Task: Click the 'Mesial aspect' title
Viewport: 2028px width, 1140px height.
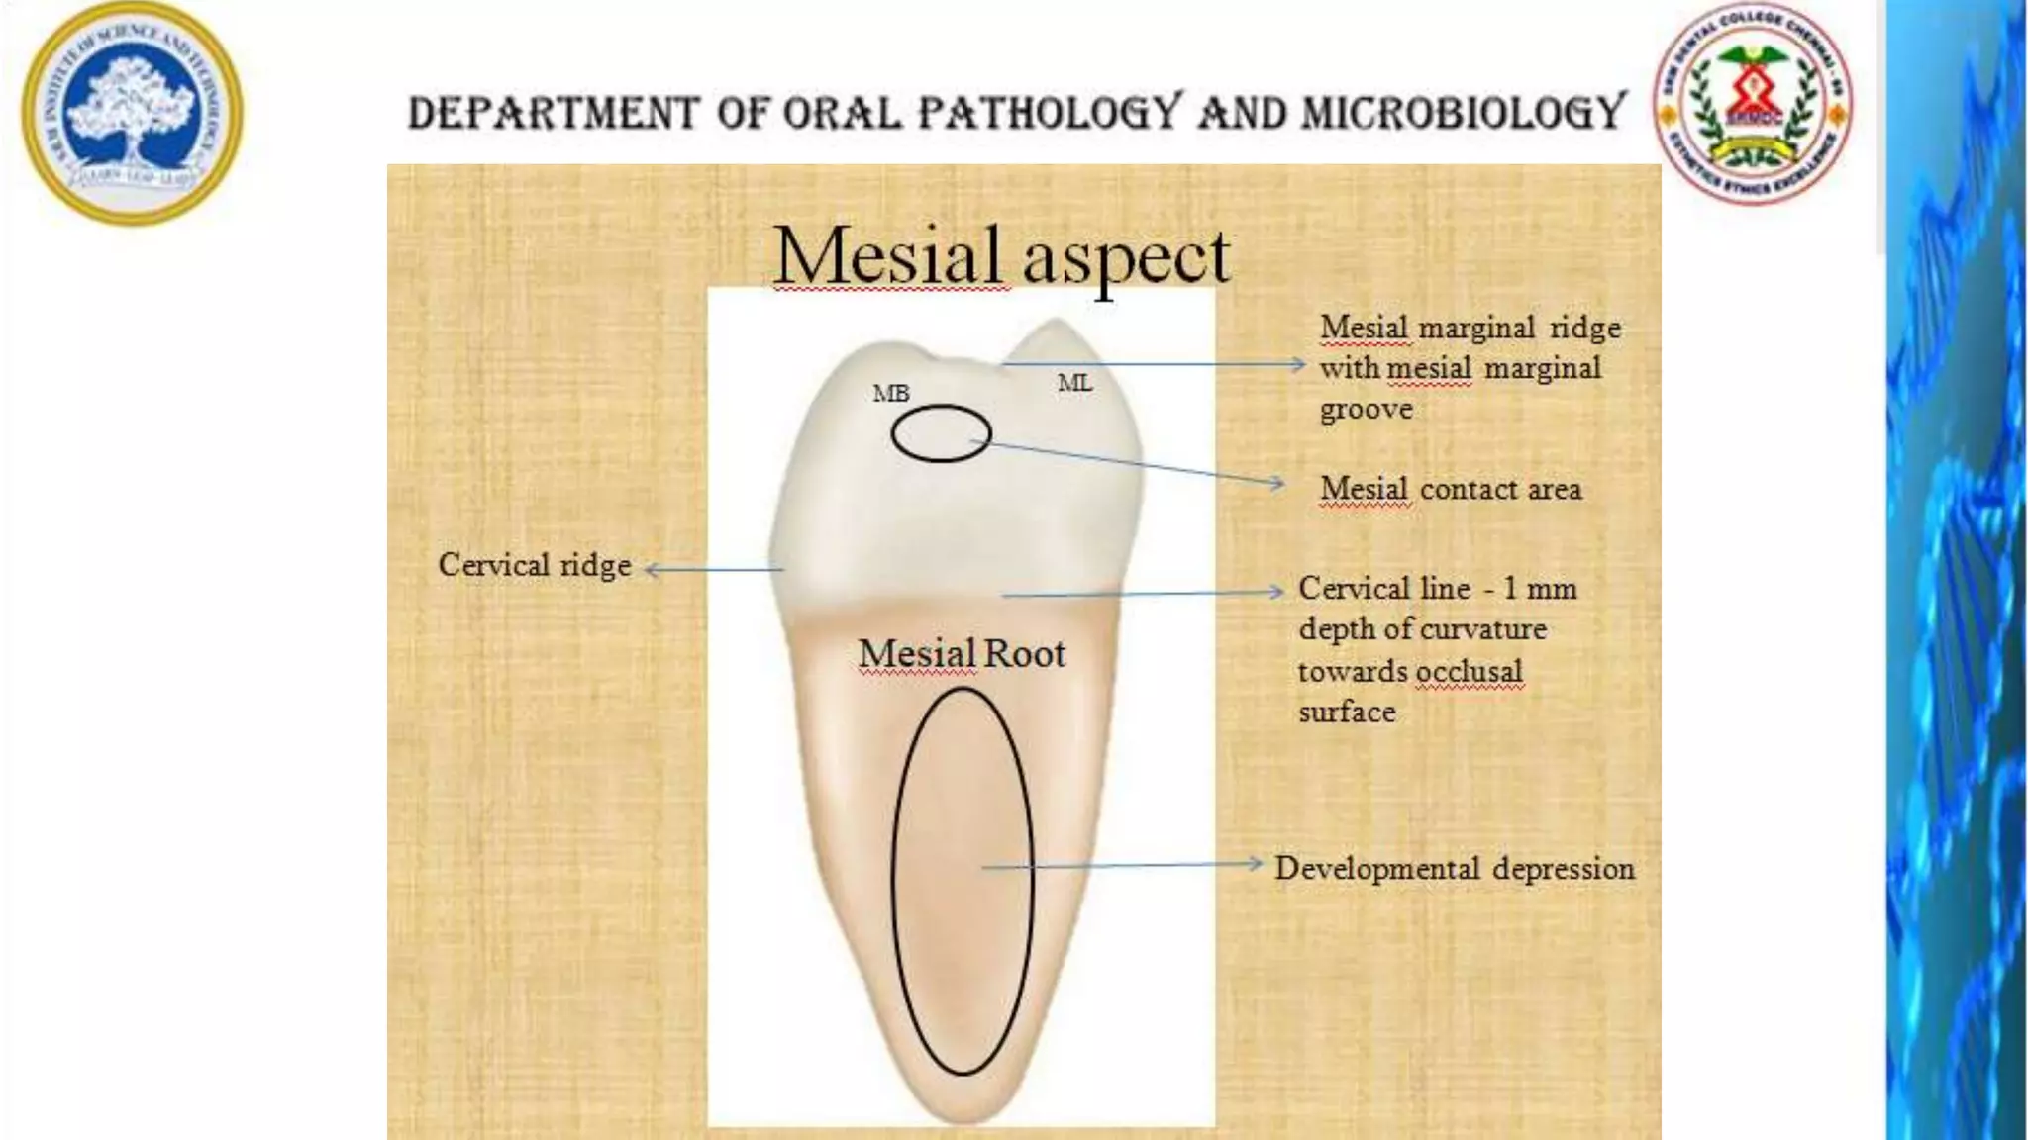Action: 1001,256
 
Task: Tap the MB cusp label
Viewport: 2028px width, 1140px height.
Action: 890,394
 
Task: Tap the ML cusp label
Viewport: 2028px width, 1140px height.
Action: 1074,383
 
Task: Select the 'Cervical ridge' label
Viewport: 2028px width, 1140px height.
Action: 535,565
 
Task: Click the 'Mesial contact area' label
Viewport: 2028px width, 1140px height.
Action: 1451,489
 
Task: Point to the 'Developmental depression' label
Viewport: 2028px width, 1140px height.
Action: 1454,868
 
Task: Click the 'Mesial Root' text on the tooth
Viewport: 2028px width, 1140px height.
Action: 962,654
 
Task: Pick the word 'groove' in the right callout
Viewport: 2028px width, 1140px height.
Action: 1366,409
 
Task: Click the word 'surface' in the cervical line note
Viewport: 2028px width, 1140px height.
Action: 1347,712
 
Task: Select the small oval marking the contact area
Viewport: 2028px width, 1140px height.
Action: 941,433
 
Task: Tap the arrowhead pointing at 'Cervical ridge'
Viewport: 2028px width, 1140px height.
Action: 652,569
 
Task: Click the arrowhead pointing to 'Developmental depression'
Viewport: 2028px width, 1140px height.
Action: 1256,864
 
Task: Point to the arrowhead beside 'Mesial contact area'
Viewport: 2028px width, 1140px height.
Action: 1277,484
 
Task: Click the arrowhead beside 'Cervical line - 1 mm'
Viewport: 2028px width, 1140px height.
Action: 1276,591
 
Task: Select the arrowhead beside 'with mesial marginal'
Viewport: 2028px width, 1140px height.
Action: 1298,364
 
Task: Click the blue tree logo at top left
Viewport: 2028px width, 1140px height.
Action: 132,113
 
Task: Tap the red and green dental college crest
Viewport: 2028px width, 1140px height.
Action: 1753,103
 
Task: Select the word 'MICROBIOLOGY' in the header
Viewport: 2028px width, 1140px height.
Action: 1464,112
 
